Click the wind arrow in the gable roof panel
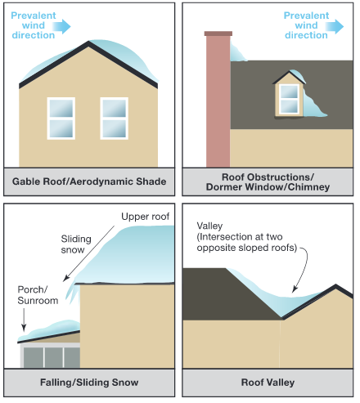(x=61, y=26)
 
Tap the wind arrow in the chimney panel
(x=335, y=26)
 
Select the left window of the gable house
(x=61, y=119)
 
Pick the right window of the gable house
(x=115, y=119)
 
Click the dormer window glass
(x=290, y=99)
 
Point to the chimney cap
(x=218, y=34)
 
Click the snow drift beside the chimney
(x=237, y=51)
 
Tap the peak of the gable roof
(x=88, y=42)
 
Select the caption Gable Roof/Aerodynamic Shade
(x=89, y=181)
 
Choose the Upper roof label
(x=146, y=217)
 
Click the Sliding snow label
(x=76, y=244)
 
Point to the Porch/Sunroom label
(x=38, y=295)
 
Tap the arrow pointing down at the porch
(x=24, y=320)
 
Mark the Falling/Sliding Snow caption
(x=89, y=383)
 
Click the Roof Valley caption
(x=268, y=383)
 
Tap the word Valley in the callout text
(x=209, y=226)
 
